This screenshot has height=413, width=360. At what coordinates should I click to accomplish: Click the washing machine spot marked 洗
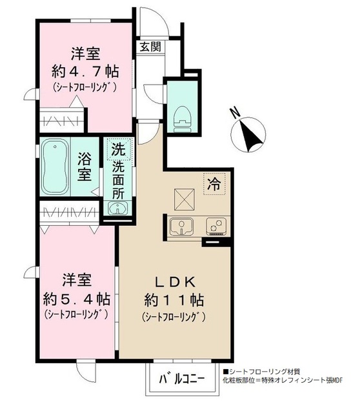tap(117, 150)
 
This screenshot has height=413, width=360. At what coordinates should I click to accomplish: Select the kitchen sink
tap(182, 227)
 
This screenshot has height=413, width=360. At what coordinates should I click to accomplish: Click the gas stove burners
tap(214, 227)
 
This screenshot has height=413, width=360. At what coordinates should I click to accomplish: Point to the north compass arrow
tap(248, 134)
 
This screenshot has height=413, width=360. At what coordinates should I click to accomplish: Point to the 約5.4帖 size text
tap(77, 298)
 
